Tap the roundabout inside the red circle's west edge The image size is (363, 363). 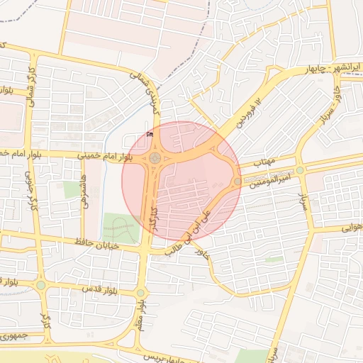(x=155, y=158)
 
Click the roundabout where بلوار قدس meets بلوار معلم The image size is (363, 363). (x=140, y=293)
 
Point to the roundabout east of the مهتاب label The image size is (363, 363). (x=300, y=170)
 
